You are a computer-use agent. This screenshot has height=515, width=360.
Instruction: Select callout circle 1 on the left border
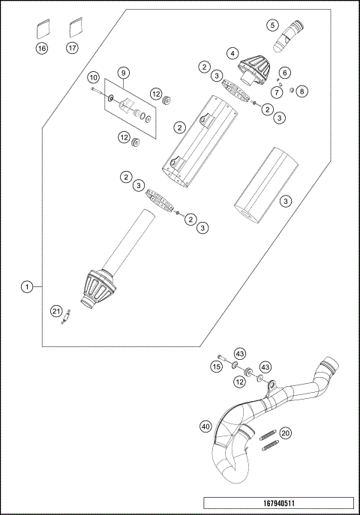(27, 286)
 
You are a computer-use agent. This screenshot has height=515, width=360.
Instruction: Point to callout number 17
(73, 49)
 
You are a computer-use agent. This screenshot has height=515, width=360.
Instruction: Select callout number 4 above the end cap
(234, 53)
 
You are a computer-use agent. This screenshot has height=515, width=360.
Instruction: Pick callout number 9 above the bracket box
(124, 73)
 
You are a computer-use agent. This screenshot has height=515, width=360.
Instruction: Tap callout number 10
(94, 78)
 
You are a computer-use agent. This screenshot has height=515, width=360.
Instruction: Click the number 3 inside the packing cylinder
(286, 201)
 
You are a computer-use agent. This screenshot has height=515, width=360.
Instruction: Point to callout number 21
(56, 311)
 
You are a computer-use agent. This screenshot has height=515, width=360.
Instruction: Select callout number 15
(215, 367)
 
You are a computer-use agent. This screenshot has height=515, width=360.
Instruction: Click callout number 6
(283, 72)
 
